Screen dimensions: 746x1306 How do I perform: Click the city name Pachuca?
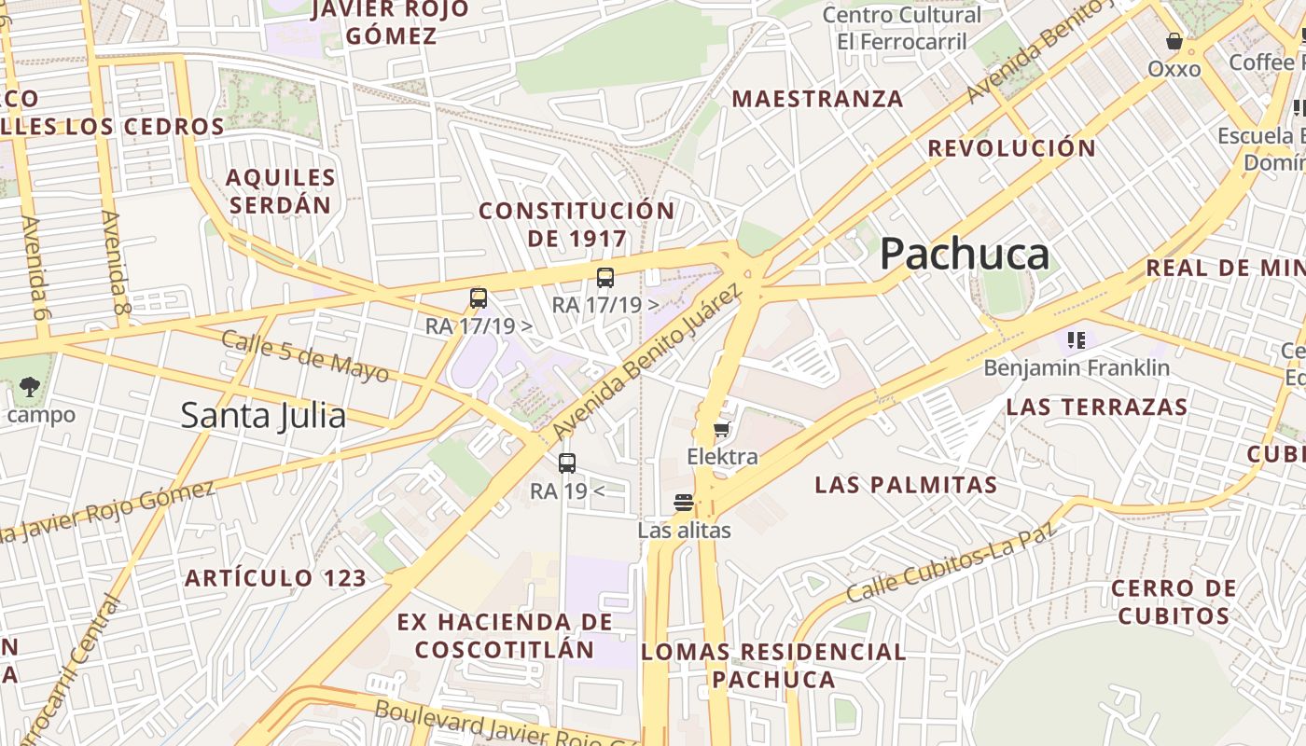pos(965,254)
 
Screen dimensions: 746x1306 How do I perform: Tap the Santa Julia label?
pos(263,415)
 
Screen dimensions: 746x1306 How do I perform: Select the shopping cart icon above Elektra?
pos(721,430)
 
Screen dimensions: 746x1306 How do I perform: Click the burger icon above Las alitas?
pos(684,503)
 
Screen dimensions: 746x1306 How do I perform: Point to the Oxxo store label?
pos(1174,68)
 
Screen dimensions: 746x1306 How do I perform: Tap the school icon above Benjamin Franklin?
pos(1077,340)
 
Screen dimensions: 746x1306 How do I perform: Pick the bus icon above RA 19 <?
pos(567,463)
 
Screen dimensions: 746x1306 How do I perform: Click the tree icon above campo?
pos(30,387)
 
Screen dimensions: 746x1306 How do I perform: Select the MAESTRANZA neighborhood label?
pos(817,99)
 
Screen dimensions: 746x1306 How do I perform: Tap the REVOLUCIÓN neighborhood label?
pos(1012,148)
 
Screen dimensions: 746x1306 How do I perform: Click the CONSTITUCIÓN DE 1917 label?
pos(577,224)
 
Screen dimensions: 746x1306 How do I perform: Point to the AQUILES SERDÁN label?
pos(281,191)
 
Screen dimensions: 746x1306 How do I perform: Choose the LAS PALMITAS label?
pos(906,485)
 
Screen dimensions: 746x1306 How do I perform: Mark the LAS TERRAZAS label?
pos(1096,407)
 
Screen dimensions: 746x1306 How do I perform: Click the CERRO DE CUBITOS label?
pos(1174,601)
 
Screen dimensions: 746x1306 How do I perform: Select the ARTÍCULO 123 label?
pos(275,578)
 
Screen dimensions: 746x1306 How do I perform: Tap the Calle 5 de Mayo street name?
pos(305,355)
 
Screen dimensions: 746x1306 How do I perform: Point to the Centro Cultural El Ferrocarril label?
pos(901,28)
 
